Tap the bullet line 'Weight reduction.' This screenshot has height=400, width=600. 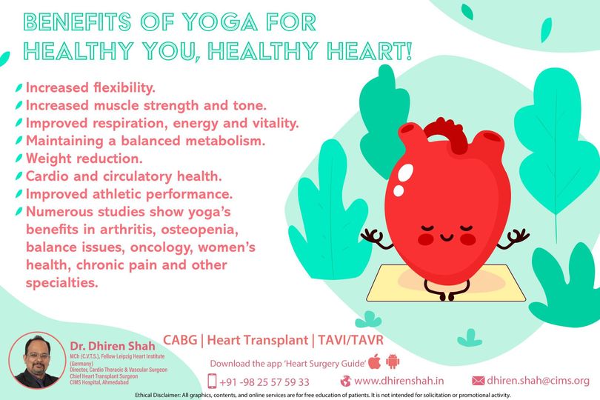pos(84,159)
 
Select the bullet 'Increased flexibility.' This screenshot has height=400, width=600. pos(90,87)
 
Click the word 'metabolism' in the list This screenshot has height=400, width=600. pos(225,141)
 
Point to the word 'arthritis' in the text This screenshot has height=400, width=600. pos(127,230)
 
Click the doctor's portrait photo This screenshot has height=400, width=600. pos(37,361)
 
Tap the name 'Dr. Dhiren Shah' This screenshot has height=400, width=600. pos(113,346)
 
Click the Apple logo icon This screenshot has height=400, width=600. pos(375,361)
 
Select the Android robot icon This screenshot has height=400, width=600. pos(393,361)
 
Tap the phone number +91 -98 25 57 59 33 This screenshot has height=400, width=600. pos(264,382)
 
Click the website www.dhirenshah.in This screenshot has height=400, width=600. pos(399,381)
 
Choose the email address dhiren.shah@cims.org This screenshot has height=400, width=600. pos(538,381)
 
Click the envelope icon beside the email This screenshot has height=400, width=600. pos(478,381)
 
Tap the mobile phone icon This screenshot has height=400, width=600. pos(212,381)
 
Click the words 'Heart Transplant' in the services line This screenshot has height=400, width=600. pos(258,340)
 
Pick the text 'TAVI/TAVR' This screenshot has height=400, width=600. pos(350,340)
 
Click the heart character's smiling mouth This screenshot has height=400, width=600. pos(446,238)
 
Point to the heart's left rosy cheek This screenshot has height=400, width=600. pos(425,239)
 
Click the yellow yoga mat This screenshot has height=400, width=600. pos(444,282)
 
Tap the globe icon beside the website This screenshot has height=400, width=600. pos(345,381)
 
